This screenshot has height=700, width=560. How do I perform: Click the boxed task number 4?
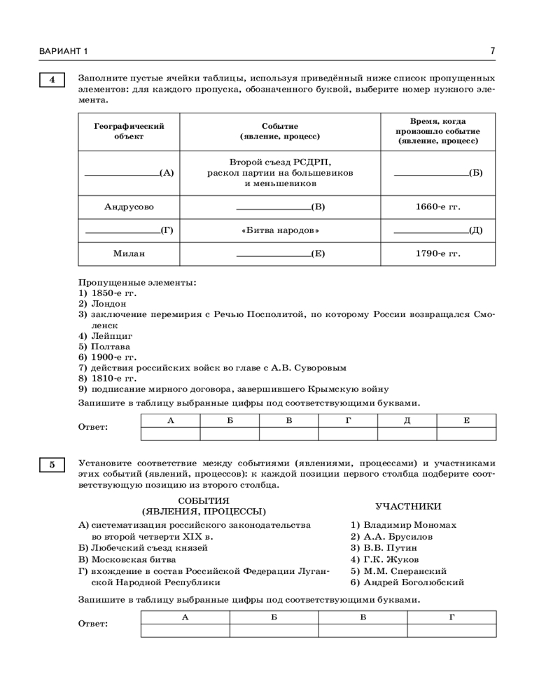point(51,79)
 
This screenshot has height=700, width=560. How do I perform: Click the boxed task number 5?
point(51,465)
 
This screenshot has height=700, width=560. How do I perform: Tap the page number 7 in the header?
point(493,51)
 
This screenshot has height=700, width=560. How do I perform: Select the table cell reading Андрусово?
point(129,206)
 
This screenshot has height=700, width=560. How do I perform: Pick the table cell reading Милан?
point(129,253)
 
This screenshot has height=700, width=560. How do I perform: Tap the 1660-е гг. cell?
point(437,206)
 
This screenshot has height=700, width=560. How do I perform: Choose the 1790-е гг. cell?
point(437,253)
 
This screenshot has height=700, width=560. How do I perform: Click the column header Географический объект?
point(129,131)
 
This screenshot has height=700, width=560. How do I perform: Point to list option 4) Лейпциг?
point(105,335)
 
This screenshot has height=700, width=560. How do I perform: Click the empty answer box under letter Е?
point(466,433)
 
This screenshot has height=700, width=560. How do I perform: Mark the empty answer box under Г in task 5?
point(451,631)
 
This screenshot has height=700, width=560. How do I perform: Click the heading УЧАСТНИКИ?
point(408,506)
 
